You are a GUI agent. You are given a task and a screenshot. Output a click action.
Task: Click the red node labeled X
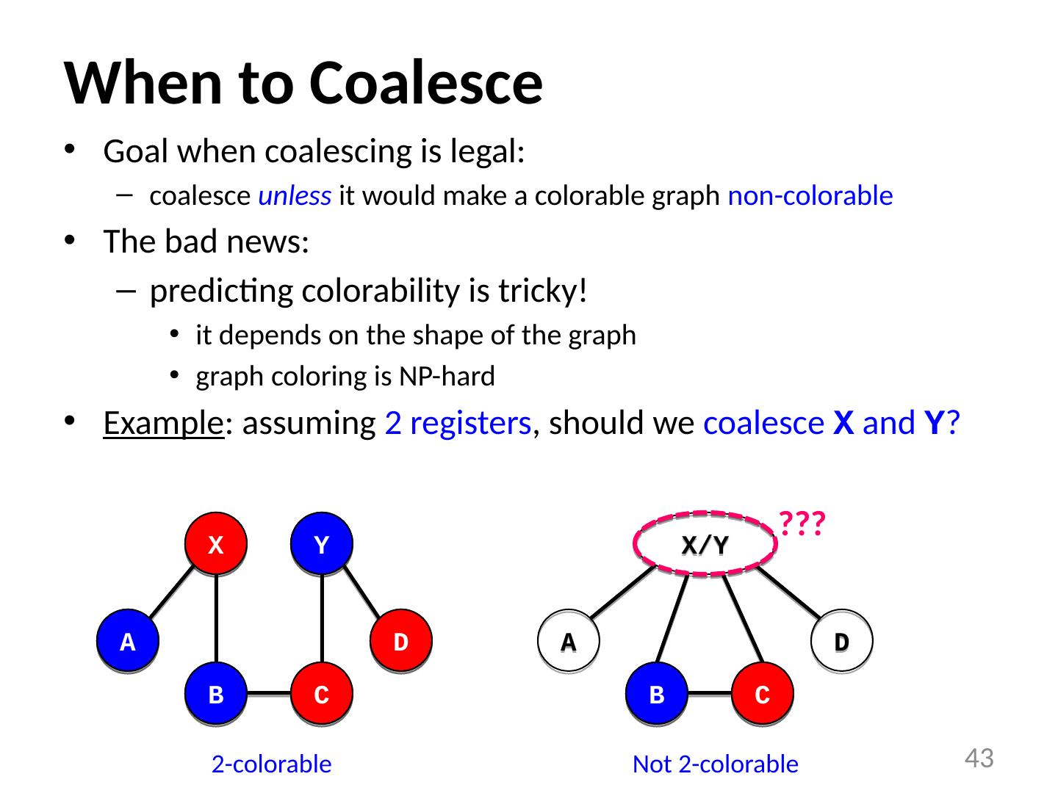[216, 544]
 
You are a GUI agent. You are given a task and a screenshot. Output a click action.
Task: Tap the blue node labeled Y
[321, 544]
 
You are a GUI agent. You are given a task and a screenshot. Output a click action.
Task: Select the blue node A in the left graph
[128, 642]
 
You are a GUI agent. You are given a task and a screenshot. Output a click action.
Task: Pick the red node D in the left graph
[400, 642]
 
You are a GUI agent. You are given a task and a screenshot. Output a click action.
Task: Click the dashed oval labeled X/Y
[705, 544]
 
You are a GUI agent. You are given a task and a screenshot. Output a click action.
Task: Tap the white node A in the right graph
[569, 642]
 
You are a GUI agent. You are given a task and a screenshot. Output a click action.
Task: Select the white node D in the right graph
[842, 642]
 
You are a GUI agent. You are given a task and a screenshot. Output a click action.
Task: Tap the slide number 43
[979, 758]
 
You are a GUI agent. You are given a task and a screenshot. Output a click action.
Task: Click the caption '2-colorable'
[271, 764]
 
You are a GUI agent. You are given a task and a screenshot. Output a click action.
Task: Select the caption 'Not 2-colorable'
[715, 764]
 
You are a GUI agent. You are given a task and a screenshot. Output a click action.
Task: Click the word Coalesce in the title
[425, 82]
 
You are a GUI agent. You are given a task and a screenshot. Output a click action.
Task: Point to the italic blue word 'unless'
[295, 197]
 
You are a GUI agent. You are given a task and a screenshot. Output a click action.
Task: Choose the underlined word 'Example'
[163, 424]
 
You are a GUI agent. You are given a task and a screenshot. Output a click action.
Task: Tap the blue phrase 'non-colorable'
[810, 197]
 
